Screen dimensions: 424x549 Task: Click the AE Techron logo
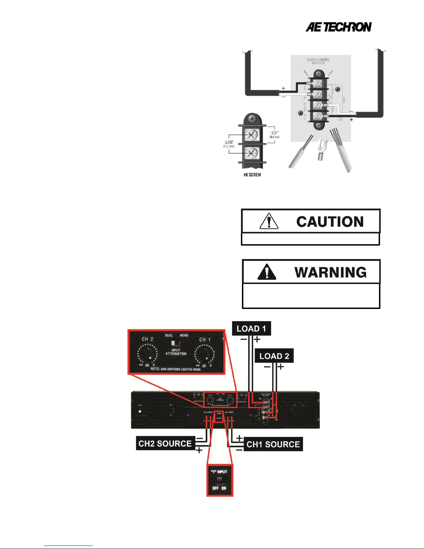pos(338,27)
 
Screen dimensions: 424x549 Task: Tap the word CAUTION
pos(330,222)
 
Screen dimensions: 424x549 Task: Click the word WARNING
pos(330,272)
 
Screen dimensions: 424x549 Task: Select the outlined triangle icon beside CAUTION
pos(269,221)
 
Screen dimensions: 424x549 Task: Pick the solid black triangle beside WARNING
pos(267,272)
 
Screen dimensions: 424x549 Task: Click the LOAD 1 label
pos(251,329)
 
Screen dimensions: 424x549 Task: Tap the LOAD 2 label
pos(274,356)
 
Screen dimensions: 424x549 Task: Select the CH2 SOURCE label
pos(165,444)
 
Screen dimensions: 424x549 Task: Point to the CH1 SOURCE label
pos(273,444)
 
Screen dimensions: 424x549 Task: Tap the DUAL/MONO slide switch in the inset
pos(176,343)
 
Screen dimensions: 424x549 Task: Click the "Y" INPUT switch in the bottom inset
pos(220,480)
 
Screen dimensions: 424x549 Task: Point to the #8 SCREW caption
pos(252,175)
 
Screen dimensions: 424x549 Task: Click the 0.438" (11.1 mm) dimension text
pos(229,144)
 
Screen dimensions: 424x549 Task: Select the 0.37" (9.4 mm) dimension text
pos(274,135)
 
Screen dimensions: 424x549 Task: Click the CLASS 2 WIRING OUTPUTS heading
pos(318,61)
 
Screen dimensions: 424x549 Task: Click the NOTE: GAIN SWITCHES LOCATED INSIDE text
pos(176,369)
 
